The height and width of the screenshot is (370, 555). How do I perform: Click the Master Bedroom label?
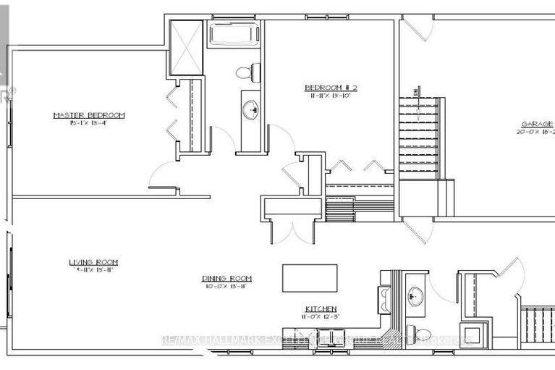(x=89, y=115)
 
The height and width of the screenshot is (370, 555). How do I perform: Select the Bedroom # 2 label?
(x=331, y=88)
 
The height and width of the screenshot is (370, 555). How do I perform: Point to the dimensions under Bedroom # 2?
(x=331, y=96)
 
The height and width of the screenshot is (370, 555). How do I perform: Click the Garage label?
(x=535, y=124)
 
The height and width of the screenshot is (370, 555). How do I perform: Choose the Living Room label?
(x=93, y=261)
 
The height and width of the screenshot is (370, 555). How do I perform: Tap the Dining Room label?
(x=226, y=278)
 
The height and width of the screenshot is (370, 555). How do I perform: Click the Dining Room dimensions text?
(x=226, y=287)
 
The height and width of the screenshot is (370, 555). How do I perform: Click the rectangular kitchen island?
(x=310, y=277)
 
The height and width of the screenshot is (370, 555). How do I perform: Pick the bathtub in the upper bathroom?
(x=234, y=35)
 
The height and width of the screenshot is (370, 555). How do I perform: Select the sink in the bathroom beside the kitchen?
(x=415, y=294)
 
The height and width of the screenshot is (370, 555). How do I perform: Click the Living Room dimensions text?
(x=93, y=269)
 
